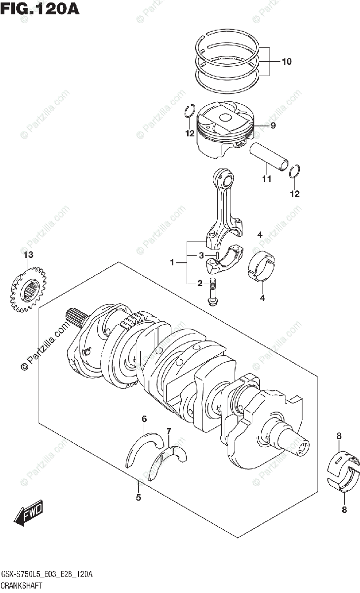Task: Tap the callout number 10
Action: [286, 62]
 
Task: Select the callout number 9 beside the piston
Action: [273, 126]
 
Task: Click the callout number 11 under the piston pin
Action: [267, 179]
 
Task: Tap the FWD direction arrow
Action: [29, 512]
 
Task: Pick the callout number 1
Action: [172, 263]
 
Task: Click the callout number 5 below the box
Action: [138, 498]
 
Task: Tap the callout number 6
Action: [144, 419]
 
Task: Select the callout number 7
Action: [168, 431]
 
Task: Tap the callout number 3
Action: [201, 255]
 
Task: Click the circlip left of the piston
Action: [188, 113]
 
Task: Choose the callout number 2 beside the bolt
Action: [200, 283]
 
